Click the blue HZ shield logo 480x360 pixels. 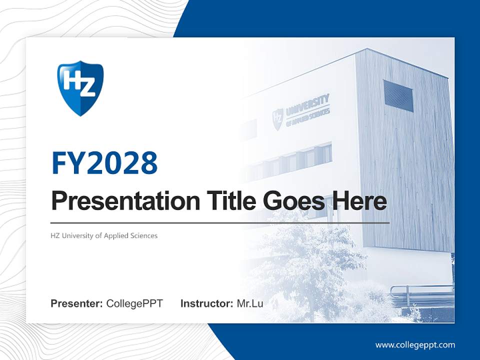(x=80, y=88)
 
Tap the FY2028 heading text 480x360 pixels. (x=104, y=163)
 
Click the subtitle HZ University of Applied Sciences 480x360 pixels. (x=104, y=235)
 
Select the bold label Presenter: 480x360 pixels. (x=77, y=303)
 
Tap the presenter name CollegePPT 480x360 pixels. (x=134, y=303)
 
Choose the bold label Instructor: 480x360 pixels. (x=206, y=303)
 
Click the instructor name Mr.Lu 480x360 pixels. (x=250, y=303)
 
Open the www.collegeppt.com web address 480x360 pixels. (x=415, y=345)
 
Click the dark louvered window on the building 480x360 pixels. (x=398, y=95)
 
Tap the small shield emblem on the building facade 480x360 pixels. (x=277, y=119)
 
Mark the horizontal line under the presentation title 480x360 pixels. (x=220, y=222)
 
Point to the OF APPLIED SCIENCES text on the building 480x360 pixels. (x=308, y=117)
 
